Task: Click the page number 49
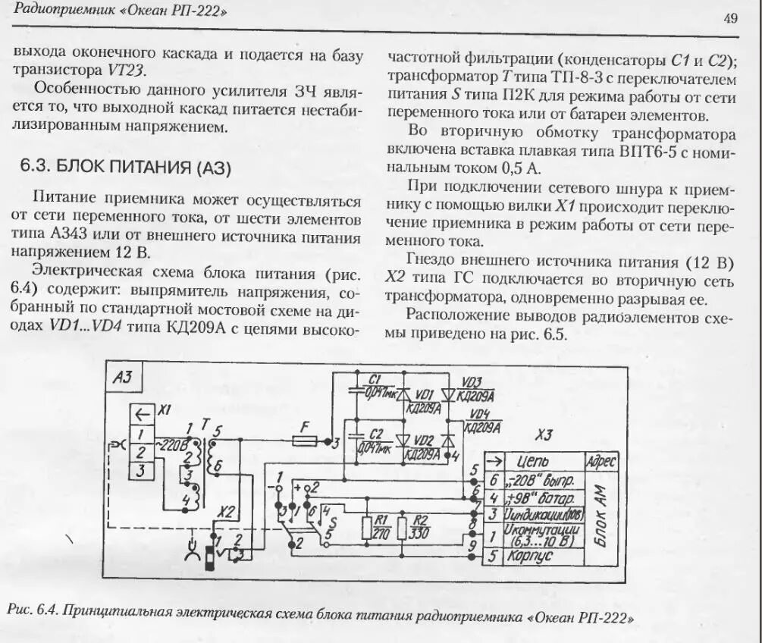[x=731, y=19]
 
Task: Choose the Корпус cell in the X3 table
[x=538, y=556]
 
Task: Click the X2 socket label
[x=226, y=513]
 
